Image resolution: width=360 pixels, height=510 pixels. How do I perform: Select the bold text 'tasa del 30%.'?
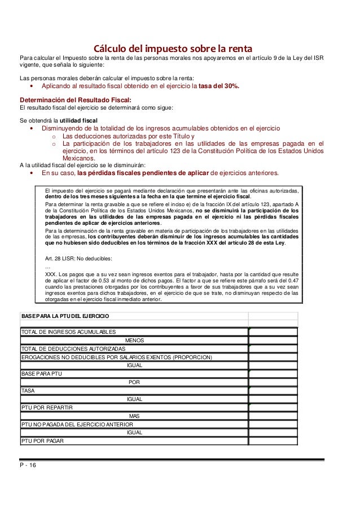coord(219,86)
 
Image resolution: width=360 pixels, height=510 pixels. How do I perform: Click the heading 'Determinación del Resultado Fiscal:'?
coord(71,99)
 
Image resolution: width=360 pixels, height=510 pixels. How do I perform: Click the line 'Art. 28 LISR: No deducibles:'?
coord(78,259)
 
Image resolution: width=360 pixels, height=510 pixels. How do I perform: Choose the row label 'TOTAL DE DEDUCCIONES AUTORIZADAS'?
coord(73,349)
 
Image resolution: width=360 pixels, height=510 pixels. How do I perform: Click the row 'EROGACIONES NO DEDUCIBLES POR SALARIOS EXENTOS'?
coord(116,358)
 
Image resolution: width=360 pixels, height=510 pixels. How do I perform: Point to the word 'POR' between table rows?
coord(134,382)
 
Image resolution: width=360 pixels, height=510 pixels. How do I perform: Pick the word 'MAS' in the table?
coord(134,416)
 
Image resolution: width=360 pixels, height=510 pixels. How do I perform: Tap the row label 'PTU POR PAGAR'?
coord(42,441)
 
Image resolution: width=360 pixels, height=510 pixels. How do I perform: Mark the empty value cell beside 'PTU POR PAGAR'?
coord(273,441)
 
